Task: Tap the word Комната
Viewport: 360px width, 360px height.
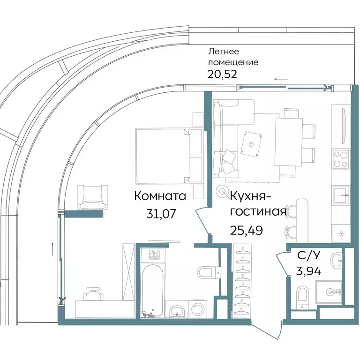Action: pyautogui.click(x=160, y=196)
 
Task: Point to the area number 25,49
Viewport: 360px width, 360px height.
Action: pyautogui.click(x=246, y=230)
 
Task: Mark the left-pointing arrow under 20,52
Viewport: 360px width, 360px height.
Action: pyautogui.click(x=281, y=79)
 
